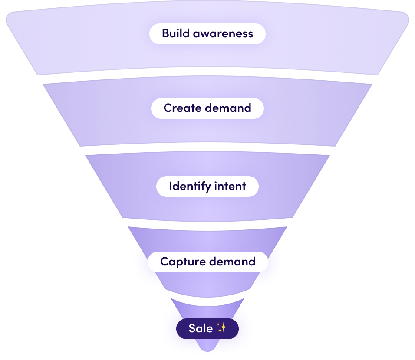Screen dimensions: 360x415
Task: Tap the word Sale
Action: click(x=201, y=328)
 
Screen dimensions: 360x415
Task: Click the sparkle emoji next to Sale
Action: click(x=221, y=328)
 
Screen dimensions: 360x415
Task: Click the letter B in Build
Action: click(x=165, y=33)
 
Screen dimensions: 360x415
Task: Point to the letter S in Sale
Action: click(x=192, y=328)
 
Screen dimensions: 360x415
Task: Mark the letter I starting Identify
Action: click(x=170, y=187)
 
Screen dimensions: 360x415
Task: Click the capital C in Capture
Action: click(x=164, y=262)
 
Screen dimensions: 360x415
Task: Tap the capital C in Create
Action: click(x=168, y=108)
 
